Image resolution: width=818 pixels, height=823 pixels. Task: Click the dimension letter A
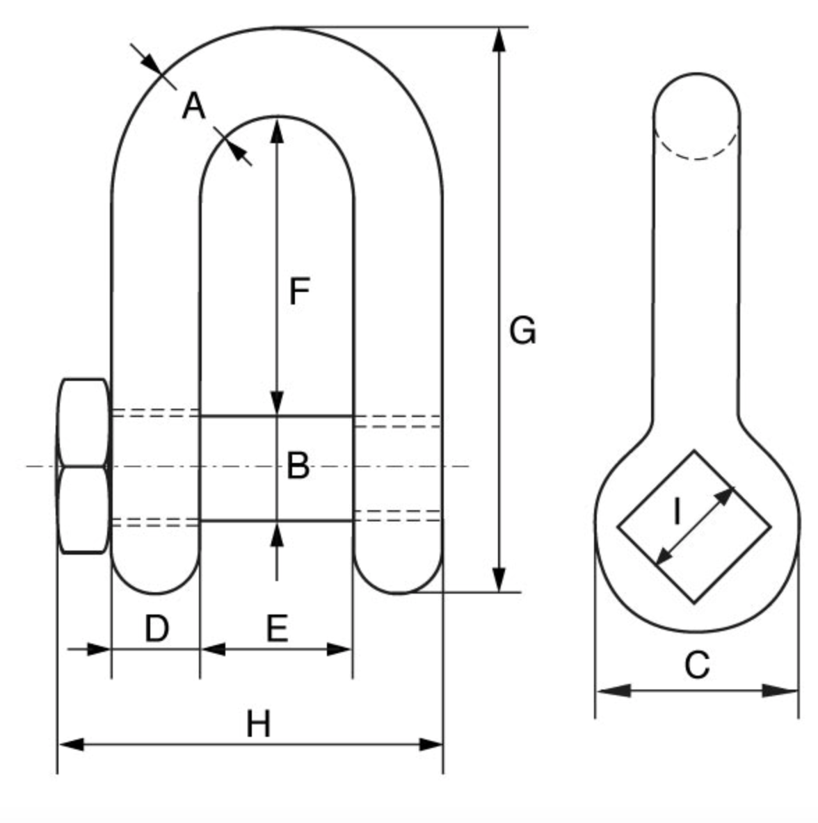pyautogui.click(x=194, y=107)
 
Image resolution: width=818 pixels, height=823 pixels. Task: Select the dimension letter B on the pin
pyautogui.click(x=298, y=466)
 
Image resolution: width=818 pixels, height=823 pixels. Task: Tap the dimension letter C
pyautogui.click(x=696, y=665)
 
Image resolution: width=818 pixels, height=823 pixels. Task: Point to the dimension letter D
pyautogui.click(x=157, y=628)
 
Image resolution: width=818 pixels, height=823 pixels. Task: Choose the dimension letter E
pyautogui.click(x=277, y=628)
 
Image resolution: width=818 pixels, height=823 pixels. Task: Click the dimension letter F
pyautogui.click(x=298, y=291)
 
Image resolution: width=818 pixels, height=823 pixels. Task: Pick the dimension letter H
pyautogui.click(x=258, y=724)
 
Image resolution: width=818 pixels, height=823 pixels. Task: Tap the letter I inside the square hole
pyautogui.click(x=677, y=512)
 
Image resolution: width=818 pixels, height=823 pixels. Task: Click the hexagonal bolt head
pyautogui.click(x=83, y=466)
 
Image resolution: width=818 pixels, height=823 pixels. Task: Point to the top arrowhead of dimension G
pyautogui.click(x=498, y=40)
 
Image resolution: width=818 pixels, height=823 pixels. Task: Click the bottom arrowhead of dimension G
pyautogui.click(x=498, y=579)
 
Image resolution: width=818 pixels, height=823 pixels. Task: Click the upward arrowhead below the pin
pyautogui.click(x=277, y=535)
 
